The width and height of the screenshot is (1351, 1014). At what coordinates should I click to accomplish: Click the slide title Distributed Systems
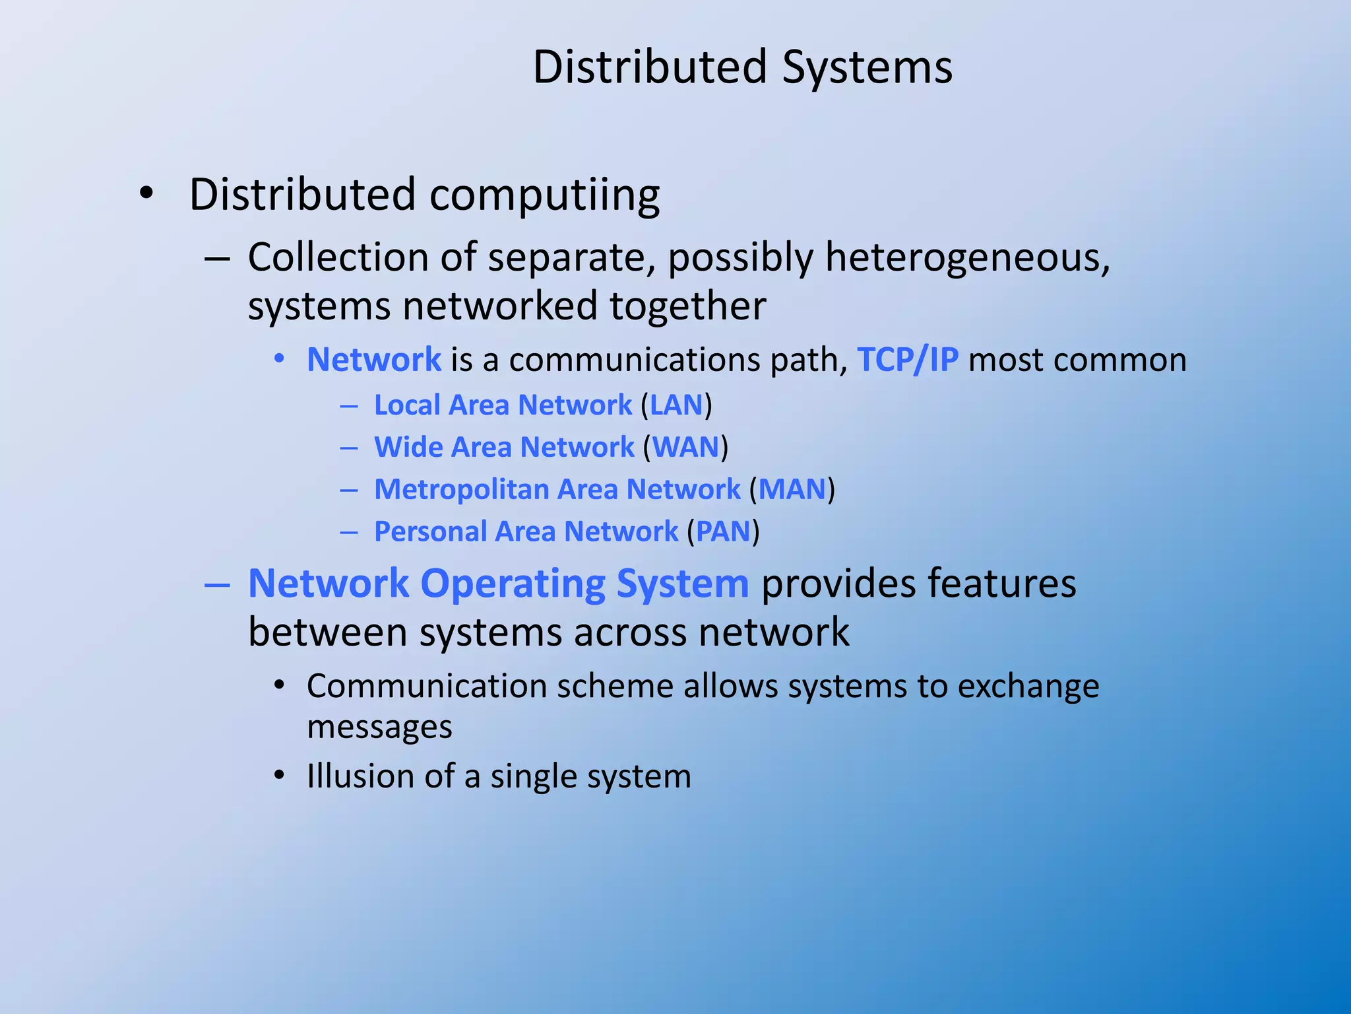click(x=742, y=67)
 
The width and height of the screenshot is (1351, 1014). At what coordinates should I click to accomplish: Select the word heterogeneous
click(x=967, y=257)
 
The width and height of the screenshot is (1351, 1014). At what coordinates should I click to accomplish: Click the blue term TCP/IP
click(x=907, y=360)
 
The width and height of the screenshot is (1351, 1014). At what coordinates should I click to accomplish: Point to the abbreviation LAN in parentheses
click(x=676, y=405)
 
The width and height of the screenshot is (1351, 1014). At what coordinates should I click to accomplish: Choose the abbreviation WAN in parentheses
click(x=685, y=448)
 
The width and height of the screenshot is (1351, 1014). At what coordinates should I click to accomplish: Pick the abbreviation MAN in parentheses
click(x=792, y=490)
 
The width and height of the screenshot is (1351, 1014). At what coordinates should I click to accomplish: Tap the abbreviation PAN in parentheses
click(x=723, y=532)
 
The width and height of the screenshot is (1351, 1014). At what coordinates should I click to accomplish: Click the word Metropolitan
click(x=462, y=490)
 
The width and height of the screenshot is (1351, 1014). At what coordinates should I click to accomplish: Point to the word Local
click(x=406, y=405)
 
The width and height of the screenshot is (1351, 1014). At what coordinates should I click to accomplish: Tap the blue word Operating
click(x=513, y=584)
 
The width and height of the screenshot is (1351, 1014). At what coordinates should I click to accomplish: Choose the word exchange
click(x=1028, y=687)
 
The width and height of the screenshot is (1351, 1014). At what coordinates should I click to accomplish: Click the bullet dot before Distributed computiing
click(x=146, y=194)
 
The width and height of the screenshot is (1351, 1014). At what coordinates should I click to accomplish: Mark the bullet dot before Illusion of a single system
click(x=280, y=776)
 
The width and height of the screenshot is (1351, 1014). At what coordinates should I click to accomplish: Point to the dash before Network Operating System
click(x=217, y=585)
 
